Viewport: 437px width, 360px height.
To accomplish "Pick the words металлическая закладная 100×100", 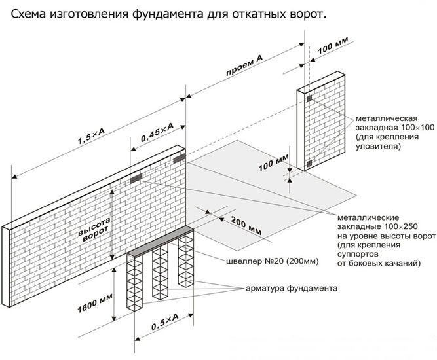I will pyautogui.click(x=387, y=125).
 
